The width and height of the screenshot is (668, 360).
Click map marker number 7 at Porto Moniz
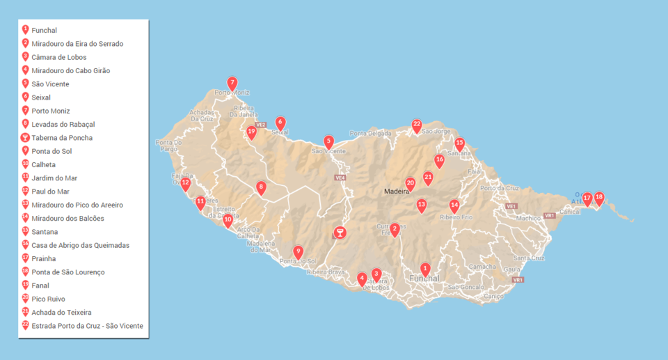[x=232, y=83]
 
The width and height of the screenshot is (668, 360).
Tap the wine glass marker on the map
[x=340, y=233]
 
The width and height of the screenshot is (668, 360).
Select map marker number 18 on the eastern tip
[x=599, y=198]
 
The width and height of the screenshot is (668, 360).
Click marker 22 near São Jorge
[x=417, y=125]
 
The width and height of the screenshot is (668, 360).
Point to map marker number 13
[x=422, y=205]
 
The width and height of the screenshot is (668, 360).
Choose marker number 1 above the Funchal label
[x=426, y=269]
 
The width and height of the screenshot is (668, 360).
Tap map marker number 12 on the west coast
[x=185, y=184]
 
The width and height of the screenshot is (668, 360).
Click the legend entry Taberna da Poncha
[x=62, y=138]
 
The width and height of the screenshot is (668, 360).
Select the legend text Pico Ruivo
[x=48, y=299]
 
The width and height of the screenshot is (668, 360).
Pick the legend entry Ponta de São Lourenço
[x=67, y=272]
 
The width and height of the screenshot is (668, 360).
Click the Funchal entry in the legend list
[x=44, y=31]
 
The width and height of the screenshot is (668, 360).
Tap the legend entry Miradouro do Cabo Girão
[x=70, y=70]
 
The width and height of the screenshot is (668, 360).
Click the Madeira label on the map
[x=397, y=191]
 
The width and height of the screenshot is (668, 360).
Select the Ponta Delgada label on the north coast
[x=366, y=134]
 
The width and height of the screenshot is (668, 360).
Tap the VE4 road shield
[x=340, y=178]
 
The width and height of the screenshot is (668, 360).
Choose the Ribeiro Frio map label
[x=456, y=217]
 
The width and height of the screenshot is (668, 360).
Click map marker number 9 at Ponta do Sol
[x=299, y=252]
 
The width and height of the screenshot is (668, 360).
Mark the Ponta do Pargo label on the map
[x=168, y=146]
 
